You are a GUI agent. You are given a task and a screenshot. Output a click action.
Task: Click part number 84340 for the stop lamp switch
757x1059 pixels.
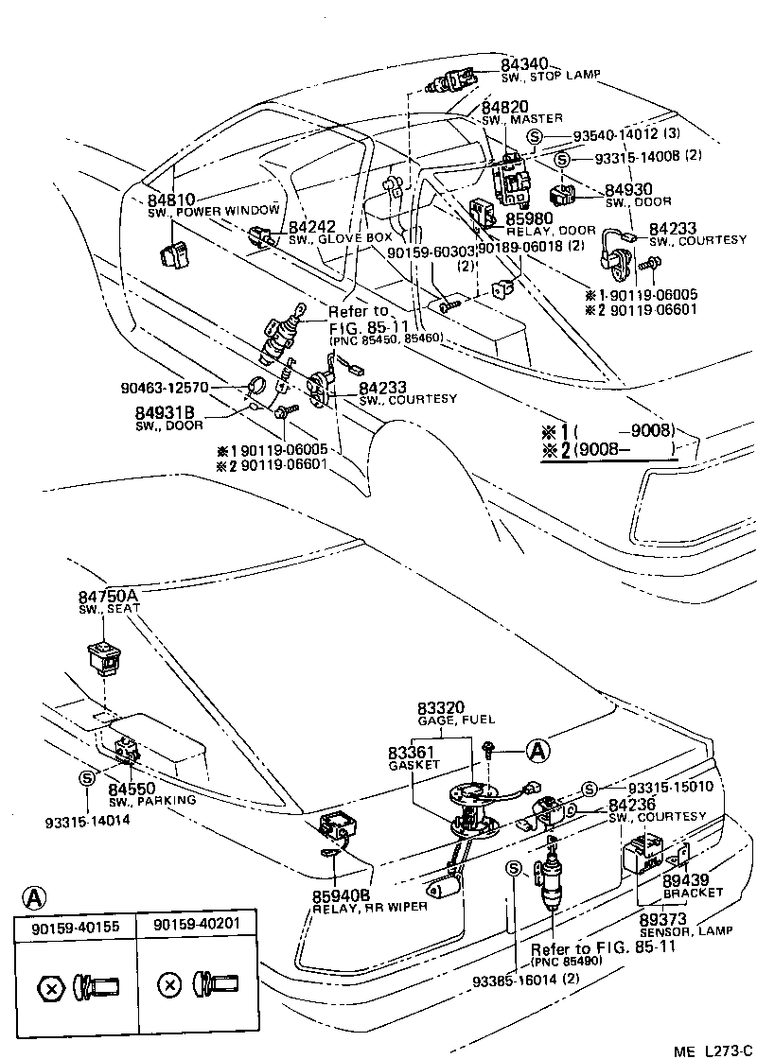524,64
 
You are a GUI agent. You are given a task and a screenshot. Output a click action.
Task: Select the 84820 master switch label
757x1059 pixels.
504,107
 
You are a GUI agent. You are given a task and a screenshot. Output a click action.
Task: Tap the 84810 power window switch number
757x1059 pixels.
171,200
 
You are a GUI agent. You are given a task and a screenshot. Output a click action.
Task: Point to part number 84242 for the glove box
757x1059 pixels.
312,227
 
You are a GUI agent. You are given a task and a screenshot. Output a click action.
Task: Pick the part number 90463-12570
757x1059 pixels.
165,388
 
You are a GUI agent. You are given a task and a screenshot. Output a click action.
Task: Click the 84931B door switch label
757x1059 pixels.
165,412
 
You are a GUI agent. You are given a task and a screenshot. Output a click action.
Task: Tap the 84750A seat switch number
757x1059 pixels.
108,595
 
